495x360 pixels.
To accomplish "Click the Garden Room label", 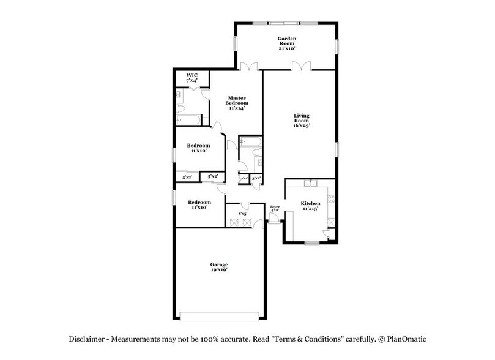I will tap(287, 43).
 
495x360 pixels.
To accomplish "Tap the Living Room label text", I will tap(302, 119).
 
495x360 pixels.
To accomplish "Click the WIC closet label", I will tap(192, 78).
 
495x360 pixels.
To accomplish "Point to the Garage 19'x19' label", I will tap(219, 266).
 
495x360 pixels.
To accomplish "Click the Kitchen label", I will tap(310, 206).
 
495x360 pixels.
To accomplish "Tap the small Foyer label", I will tap(275, 209).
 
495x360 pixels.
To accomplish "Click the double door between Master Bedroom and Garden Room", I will tap(249, 68).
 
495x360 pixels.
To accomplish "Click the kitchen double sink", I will tap(311, 182).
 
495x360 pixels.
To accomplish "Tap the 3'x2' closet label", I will tap(256, 178).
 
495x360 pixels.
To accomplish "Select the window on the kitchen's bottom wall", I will tap(312, 243).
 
